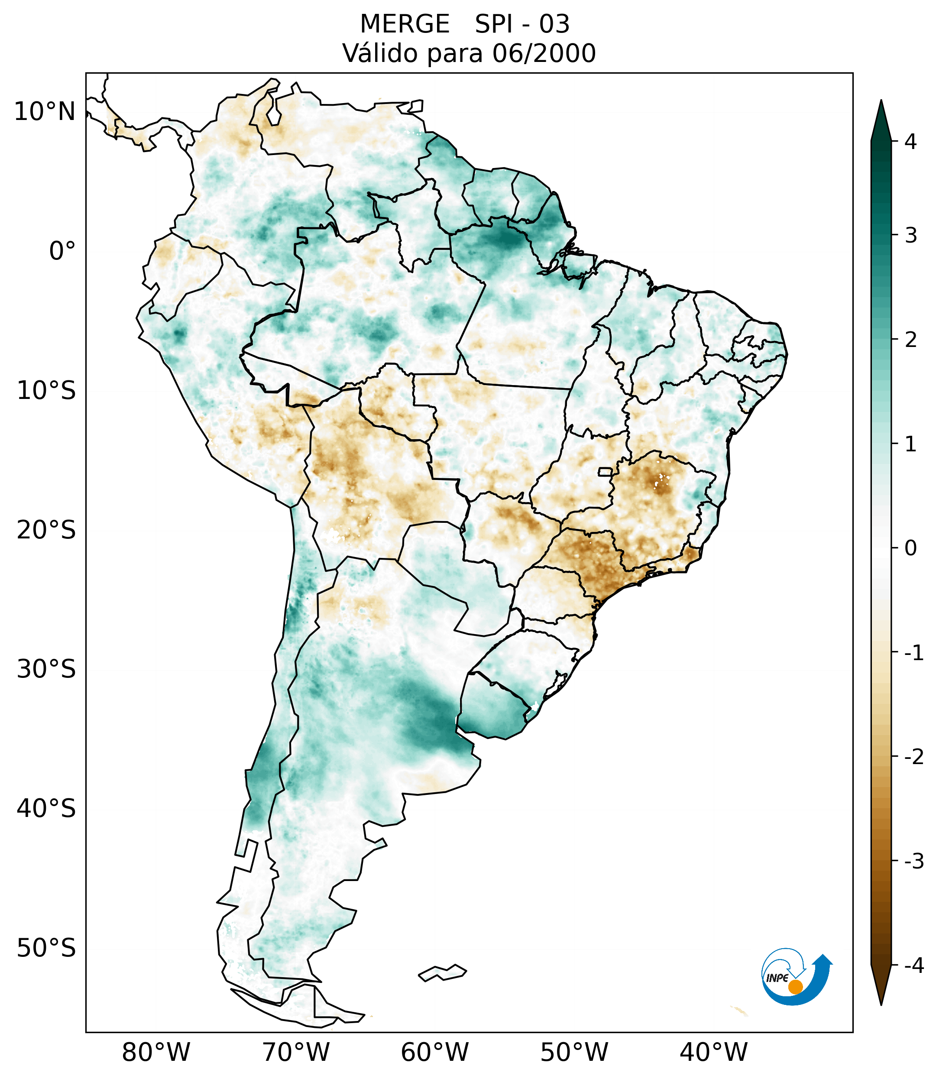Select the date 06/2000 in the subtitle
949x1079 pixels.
pos(544,53)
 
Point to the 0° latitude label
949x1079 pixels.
pos(62,251)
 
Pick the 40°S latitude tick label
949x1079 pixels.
pos(46,808)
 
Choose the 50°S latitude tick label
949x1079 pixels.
pos(46,948)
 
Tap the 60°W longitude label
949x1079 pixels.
pos(434,1052)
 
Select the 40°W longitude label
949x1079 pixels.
pos(714,1052)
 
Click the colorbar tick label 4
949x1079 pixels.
pos(910,142)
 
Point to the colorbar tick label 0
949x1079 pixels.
pos(910,548)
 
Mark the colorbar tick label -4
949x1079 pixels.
pos(913,966)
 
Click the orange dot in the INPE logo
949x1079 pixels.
pos(795,987)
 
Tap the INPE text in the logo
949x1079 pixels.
pos(777,978)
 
